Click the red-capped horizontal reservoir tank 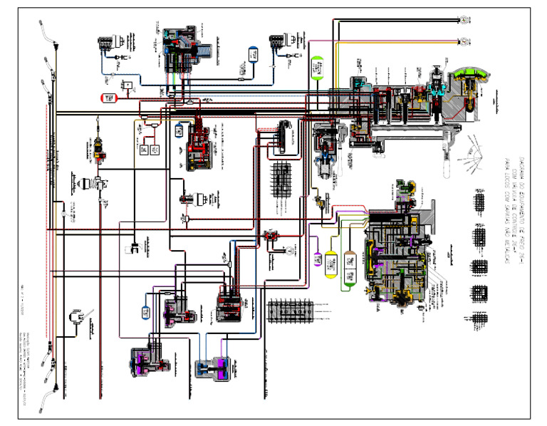pos(109,96)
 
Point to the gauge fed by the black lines pos(464,19)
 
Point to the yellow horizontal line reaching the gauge pos(399,41)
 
